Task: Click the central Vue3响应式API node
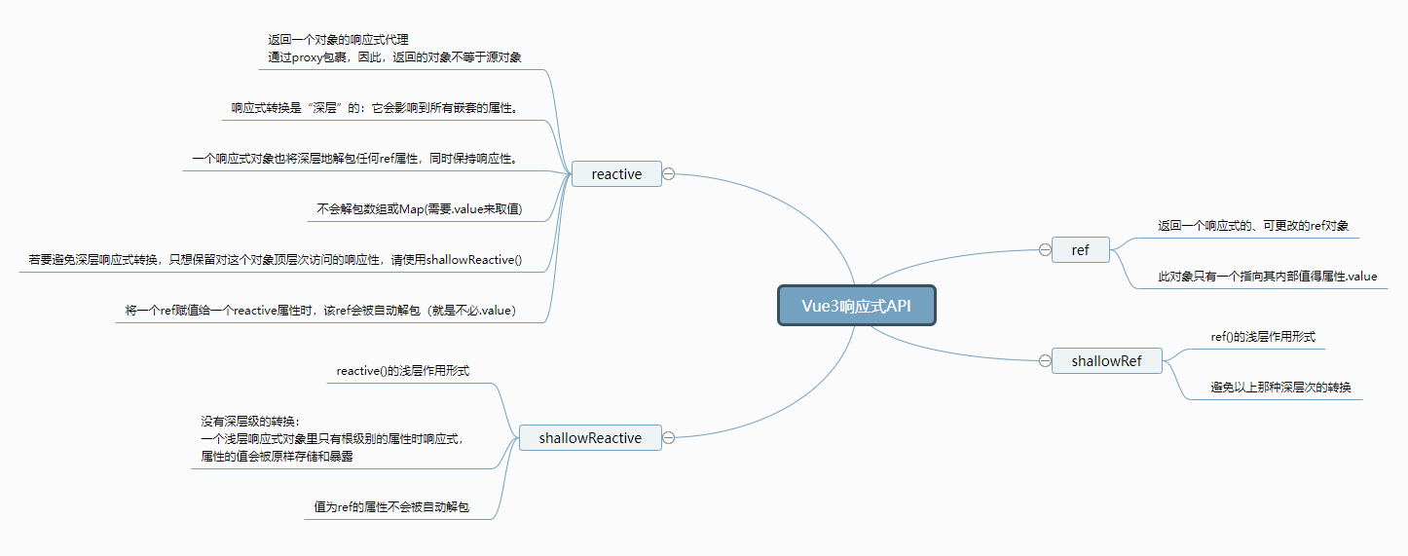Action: point(856,305)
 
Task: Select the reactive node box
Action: point(616,174)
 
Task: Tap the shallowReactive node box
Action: point(590,438)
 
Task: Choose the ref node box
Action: point(1080,250)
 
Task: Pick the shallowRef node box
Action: point(1106,361)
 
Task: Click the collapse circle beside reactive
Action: point(668,174)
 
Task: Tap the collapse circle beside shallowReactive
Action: point(668,438)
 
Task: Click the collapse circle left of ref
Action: point(1045,250)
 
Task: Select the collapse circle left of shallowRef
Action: point(1045,361)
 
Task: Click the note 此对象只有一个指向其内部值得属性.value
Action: point(1267,277)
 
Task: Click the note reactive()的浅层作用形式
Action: point(403,371)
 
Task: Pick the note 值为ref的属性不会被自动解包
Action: point(391,507)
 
